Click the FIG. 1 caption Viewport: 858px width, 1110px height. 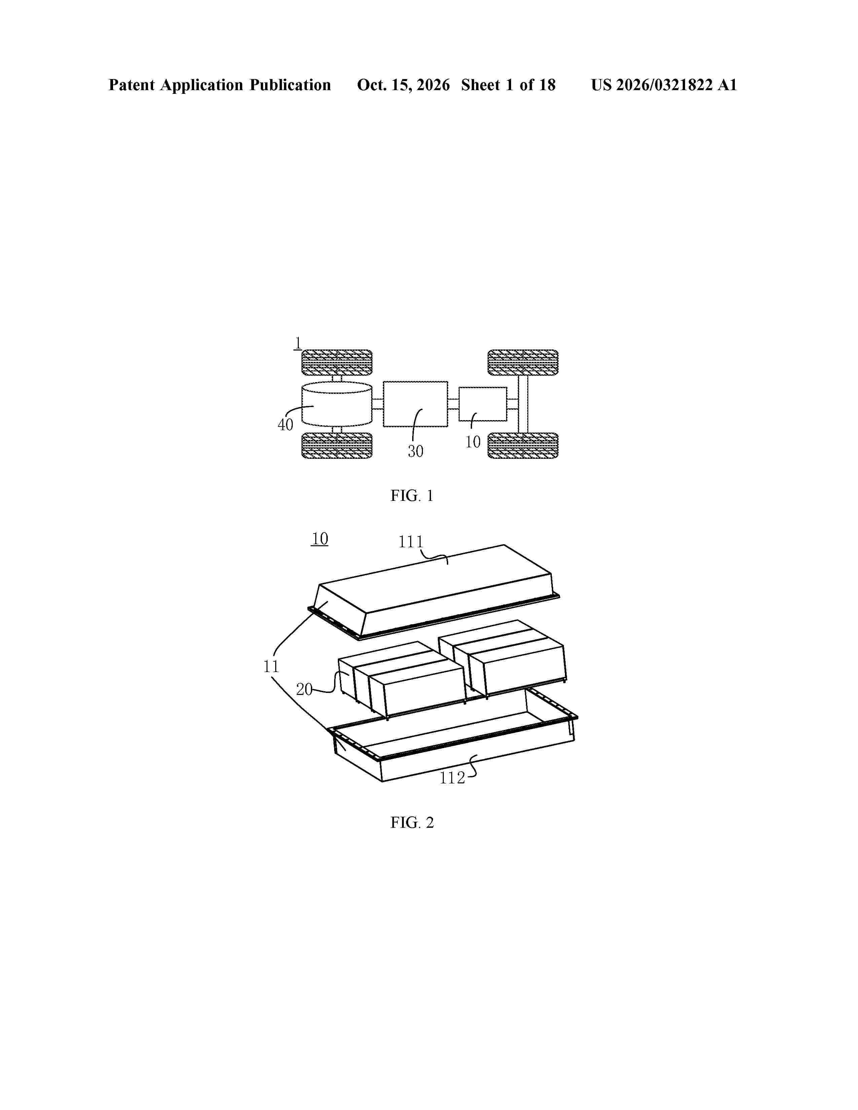click(x=412, y=495)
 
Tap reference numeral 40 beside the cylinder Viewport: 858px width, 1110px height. click(x=285, y=424)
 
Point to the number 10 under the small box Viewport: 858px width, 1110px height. click(x=473, y=442)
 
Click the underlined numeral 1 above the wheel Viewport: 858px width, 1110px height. click(x=297, y=343)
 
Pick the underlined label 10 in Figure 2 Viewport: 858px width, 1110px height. click(x=320, y=538)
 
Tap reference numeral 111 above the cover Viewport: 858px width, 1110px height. click(x=411, y=542)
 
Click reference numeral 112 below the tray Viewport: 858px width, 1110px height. click(x=452, y=778)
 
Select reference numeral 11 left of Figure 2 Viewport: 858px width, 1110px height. click(x=272, y=666)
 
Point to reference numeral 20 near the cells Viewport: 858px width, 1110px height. click(x=304, y=690)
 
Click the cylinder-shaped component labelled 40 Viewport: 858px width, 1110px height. click(x=336, y=404)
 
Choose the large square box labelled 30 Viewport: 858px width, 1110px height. click(x=415, y=404)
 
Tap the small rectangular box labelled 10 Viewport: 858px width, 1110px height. click(x=483, y=404)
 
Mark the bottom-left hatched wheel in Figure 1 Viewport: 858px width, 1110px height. click(x=336, y=446)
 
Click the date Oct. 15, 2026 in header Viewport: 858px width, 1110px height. click(x=403, y=85)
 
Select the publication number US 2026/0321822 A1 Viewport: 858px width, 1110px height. click(x=664, y=85)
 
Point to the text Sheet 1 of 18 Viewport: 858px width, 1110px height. click(x=508, y=85)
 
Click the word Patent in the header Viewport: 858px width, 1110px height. click(x=132, y=85)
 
